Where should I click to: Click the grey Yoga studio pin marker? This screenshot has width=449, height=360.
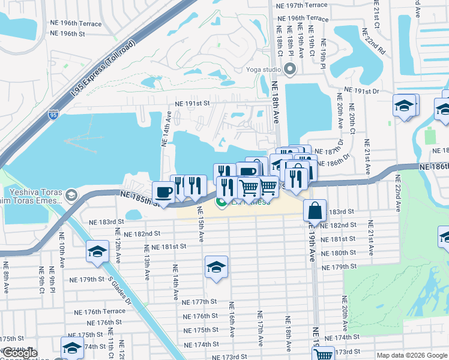coord(291,70)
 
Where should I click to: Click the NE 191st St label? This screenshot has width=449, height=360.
coord(192,103)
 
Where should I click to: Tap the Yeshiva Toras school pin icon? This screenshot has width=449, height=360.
coord(71,195)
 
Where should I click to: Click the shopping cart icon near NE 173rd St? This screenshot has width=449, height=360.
coord(324,355)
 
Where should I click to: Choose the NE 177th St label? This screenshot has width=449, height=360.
coord(200,302)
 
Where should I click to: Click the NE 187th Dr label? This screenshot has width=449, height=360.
coord(329,152)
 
